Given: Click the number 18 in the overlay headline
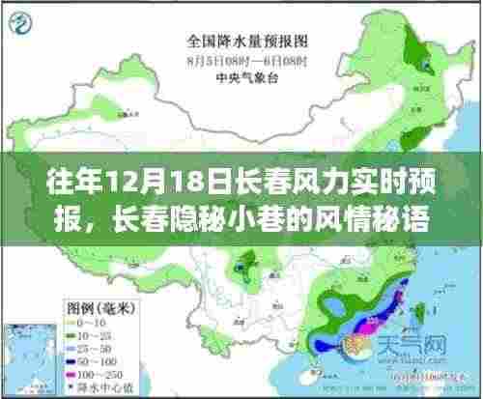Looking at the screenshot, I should coord(179,181).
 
